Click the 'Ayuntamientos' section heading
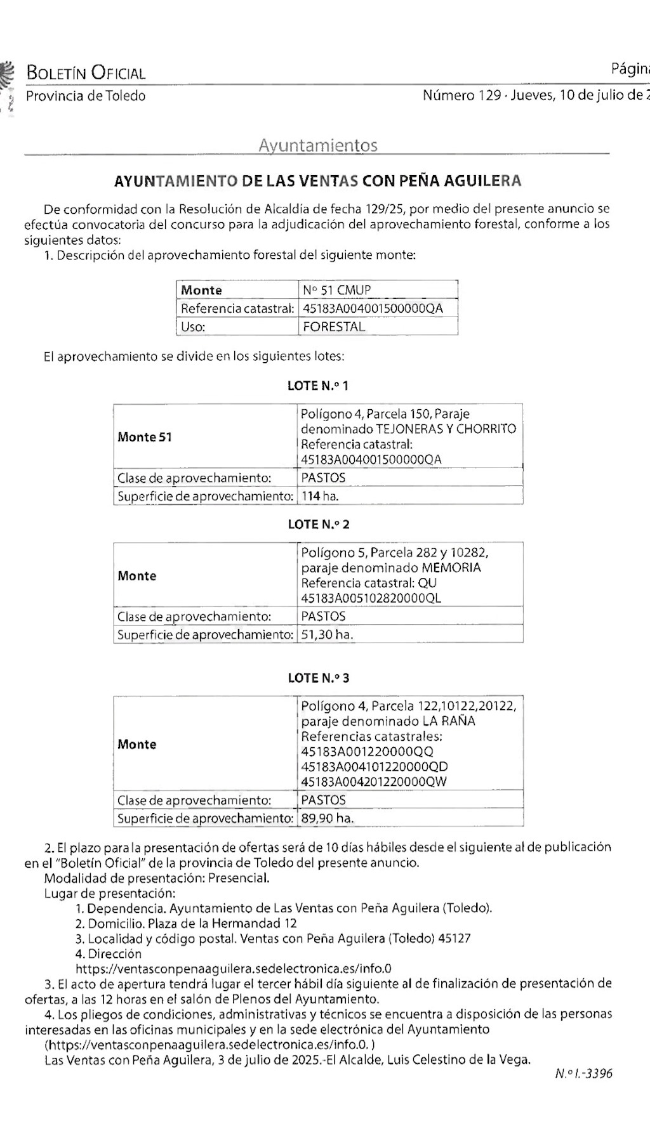317,145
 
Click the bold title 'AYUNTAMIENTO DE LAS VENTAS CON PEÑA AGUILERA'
317,181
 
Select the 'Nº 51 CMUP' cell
337,290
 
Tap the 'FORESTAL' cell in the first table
334,327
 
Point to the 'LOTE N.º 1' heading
318,386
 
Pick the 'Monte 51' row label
145,437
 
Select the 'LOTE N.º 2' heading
318,525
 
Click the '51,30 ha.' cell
327,634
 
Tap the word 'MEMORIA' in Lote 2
451,568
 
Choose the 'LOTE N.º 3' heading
318,678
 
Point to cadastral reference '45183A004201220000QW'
374,781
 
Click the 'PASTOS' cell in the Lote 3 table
324,800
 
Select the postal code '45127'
454,938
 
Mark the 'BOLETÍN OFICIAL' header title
86,73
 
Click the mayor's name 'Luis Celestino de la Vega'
458,1059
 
